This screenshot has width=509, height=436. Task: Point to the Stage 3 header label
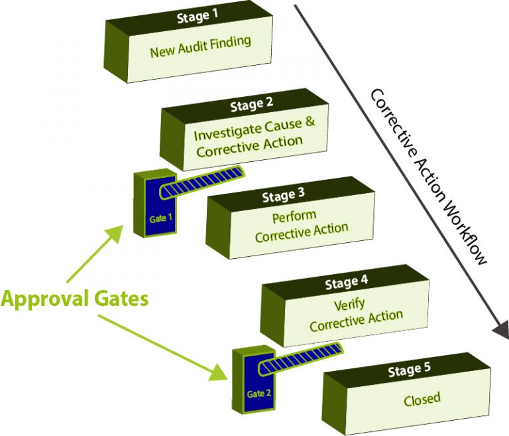pyautogui.click(x=283, y=196)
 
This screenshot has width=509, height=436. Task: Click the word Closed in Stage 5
pyautogui.click(x=422, y=399)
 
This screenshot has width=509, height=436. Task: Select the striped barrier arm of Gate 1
pyautogui.click(x=206, y=180)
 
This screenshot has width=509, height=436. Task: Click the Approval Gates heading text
pyautogui.click(x=74, y=299)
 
